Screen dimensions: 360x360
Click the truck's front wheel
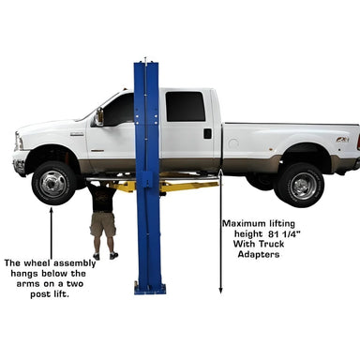point(54,183)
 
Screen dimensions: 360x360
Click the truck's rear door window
point(186,107)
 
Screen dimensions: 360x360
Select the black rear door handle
point(207,133)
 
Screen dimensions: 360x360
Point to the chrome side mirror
point(99,116)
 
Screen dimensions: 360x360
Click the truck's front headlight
point(19,142)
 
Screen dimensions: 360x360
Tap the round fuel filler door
point(233,143)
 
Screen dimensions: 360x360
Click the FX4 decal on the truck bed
point(342,140)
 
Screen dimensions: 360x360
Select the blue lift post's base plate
point(150,289)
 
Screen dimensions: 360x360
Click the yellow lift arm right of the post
point(189,187)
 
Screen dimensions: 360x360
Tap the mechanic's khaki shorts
point(103,224)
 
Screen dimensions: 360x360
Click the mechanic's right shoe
point(113,256)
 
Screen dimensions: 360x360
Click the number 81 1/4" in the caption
point(284,233)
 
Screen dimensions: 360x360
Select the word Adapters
point(259,254)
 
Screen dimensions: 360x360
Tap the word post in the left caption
point(39,294)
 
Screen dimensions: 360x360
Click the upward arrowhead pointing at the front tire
point(52,209)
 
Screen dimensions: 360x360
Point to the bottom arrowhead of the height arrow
point(220,291)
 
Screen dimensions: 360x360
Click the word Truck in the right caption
point(271,244)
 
